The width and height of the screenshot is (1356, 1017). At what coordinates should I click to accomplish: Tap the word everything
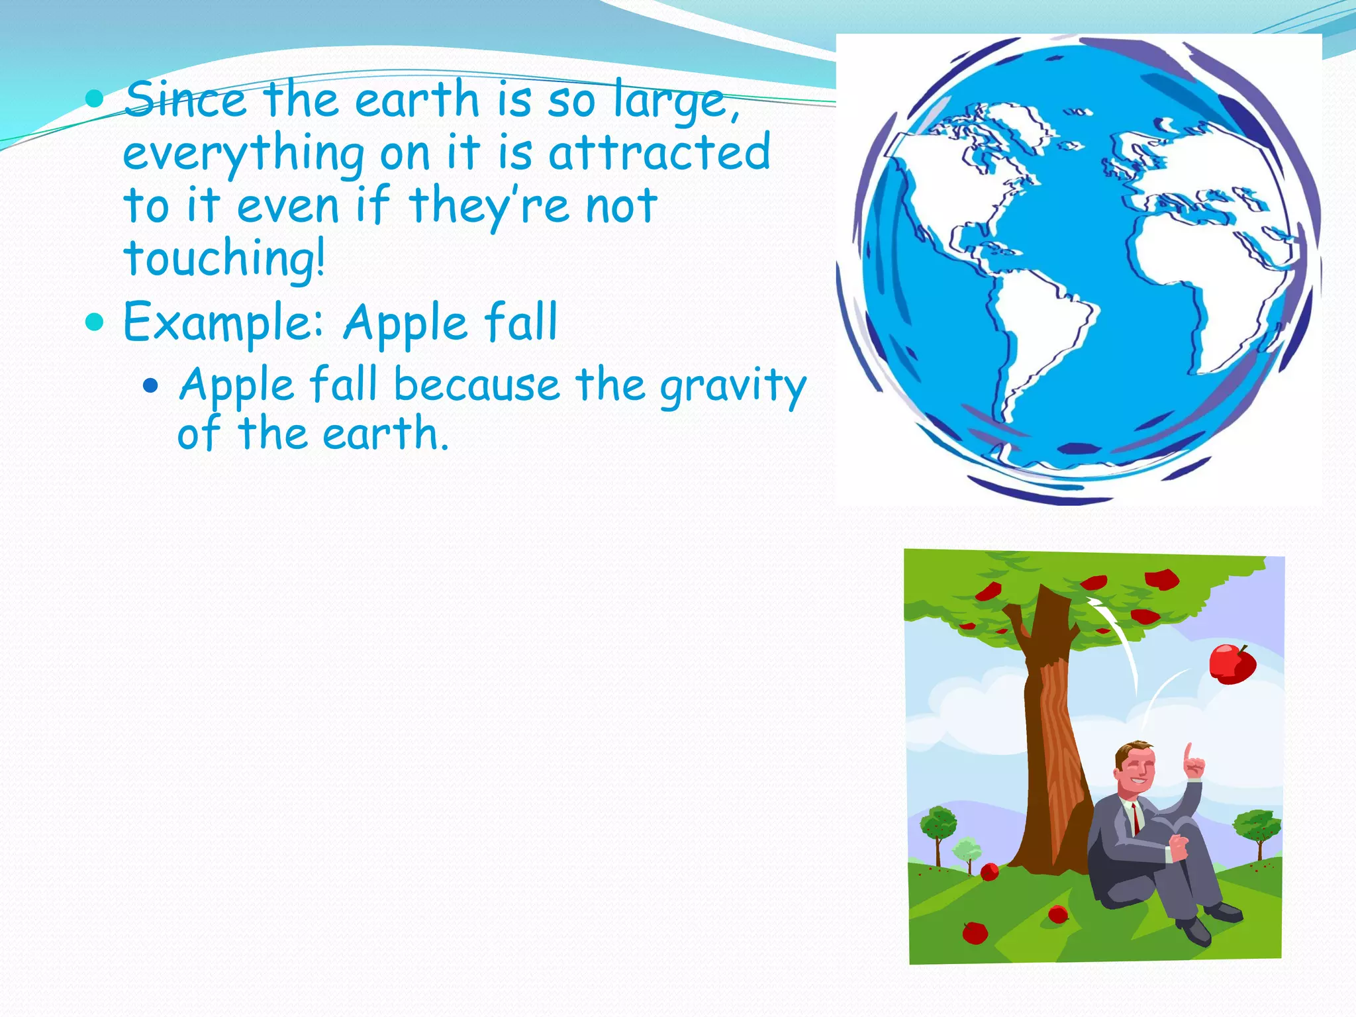point(243,154)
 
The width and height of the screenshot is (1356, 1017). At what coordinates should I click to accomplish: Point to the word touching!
point(224,259)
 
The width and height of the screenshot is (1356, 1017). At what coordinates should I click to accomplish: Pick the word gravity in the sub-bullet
point(733,386)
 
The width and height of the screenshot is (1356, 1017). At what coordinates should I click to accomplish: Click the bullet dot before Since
point(95,100)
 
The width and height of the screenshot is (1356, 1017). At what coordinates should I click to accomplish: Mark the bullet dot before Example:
point(95,322)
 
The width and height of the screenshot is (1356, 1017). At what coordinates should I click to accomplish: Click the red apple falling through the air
point(1232,664)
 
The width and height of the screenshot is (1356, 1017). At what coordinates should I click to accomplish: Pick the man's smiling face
point(1136,771)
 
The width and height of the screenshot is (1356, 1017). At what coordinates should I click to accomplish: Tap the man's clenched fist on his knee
point(1179,847)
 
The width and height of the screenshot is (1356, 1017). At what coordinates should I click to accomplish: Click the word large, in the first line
point(675,101)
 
